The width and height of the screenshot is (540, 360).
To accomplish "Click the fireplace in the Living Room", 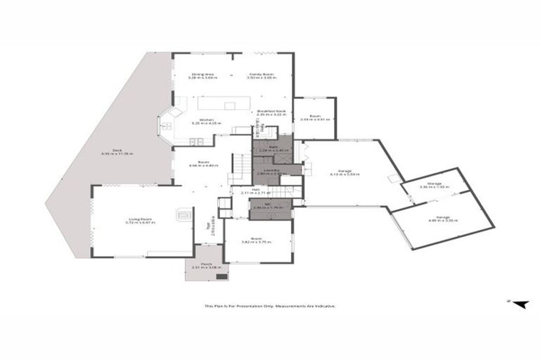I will click(x=184, y=213).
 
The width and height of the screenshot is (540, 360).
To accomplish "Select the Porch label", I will click(x=207, y=266).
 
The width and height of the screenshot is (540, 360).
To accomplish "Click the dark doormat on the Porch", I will click(x=222, y=276).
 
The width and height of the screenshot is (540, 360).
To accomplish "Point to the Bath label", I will click(x=264, y=149).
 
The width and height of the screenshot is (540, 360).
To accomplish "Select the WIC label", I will click(x=269, y=207).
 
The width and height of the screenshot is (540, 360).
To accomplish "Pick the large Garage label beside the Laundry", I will click(x=345, y=172).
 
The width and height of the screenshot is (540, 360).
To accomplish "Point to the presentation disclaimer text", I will click(x=270, y=306).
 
